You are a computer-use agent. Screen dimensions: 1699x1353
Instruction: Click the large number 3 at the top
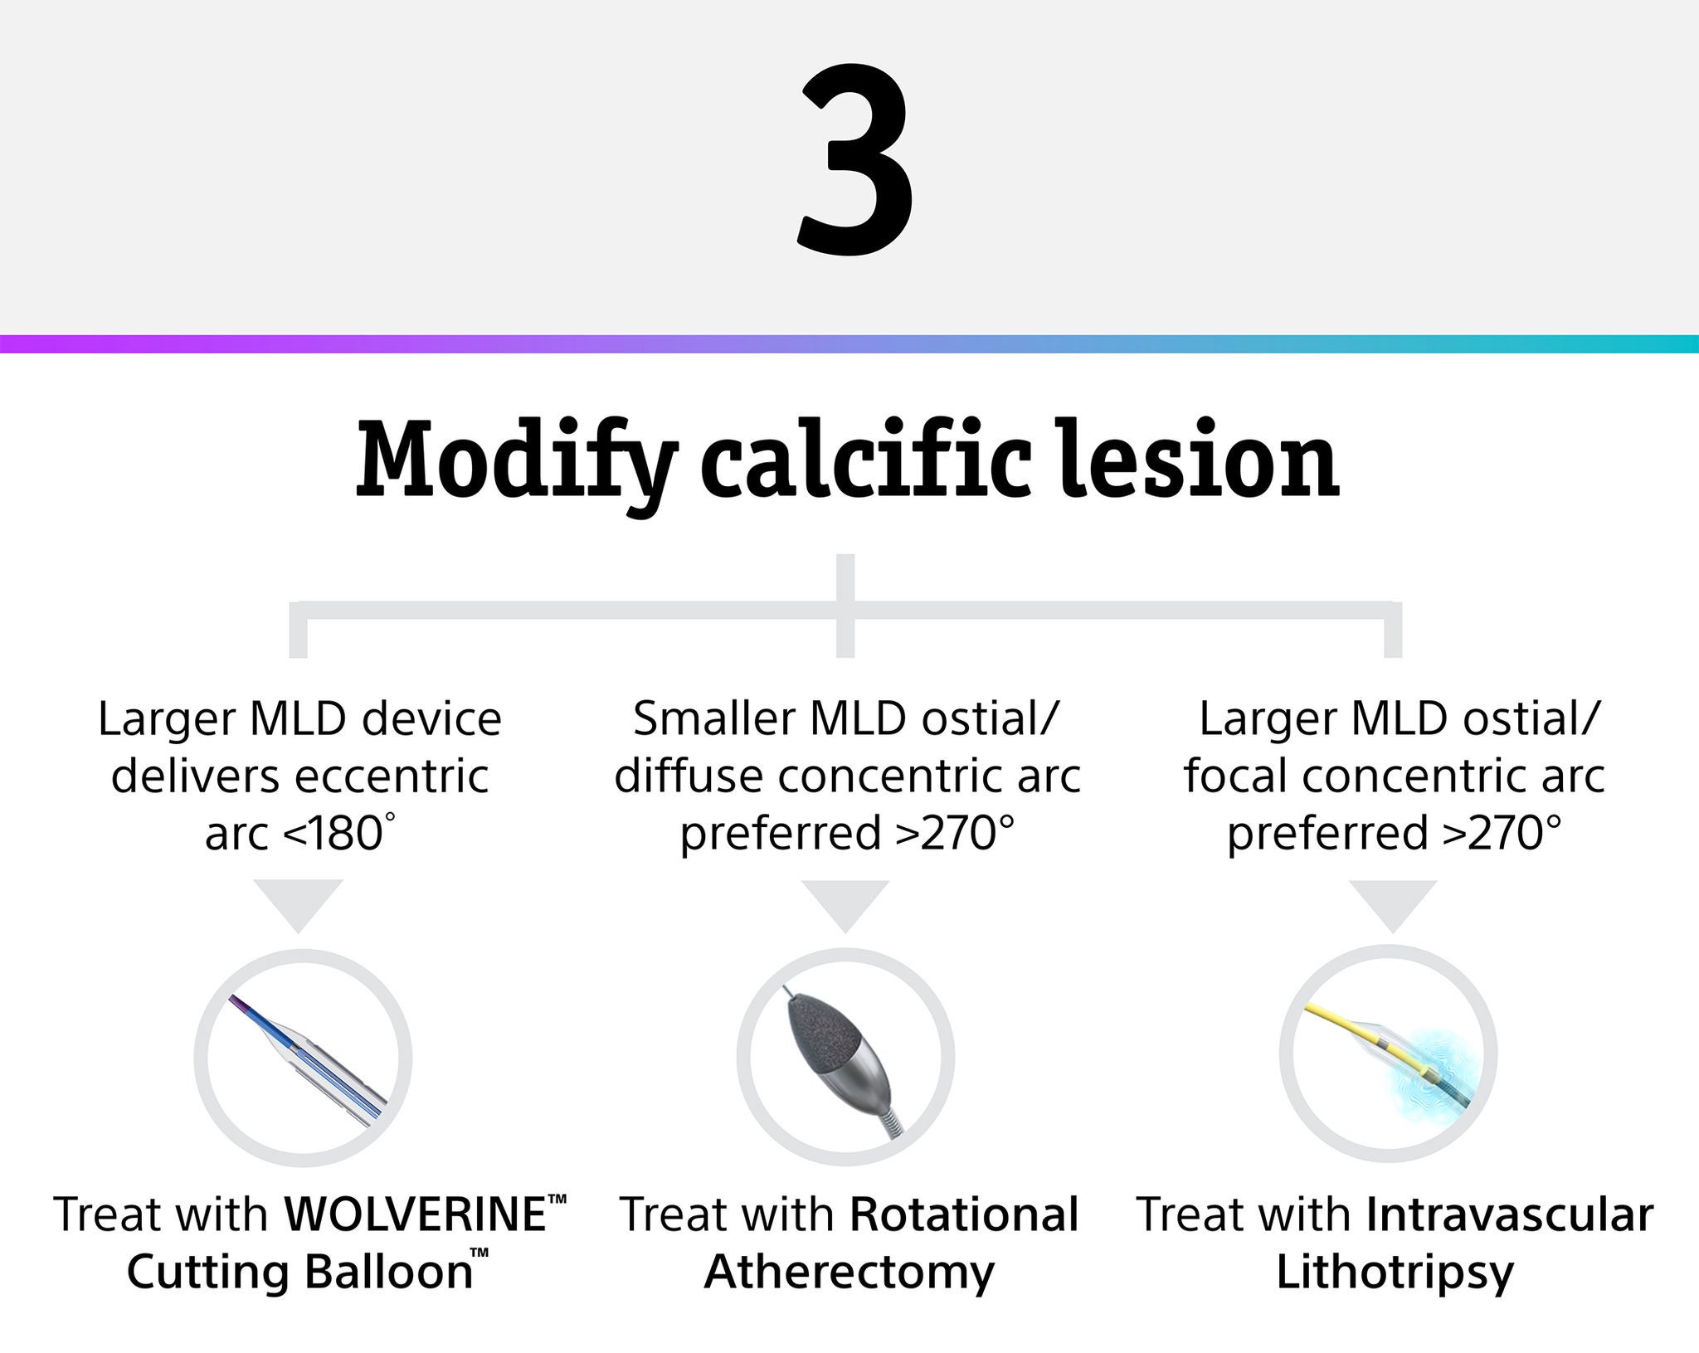[x=855, y=158]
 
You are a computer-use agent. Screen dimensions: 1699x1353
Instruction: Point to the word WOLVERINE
[x=416, y=1214]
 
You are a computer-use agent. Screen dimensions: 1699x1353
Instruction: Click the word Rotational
[x=965, y=1214]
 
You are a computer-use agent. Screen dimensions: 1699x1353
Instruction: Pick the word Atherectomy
[x=849, y=1273]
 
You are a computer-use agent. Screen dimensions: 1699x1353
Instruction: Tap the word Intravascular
[x=1510, y=1214]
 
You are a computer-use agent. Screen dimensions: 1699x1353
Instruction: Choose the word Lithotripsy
[x=1395, y=1273]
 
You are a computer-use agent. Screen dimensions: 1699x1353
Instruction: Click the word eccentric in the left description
[x=392, y=776]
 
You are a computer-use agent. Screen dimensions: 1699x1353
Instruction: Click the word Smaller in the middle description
[x=714, y=718]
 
